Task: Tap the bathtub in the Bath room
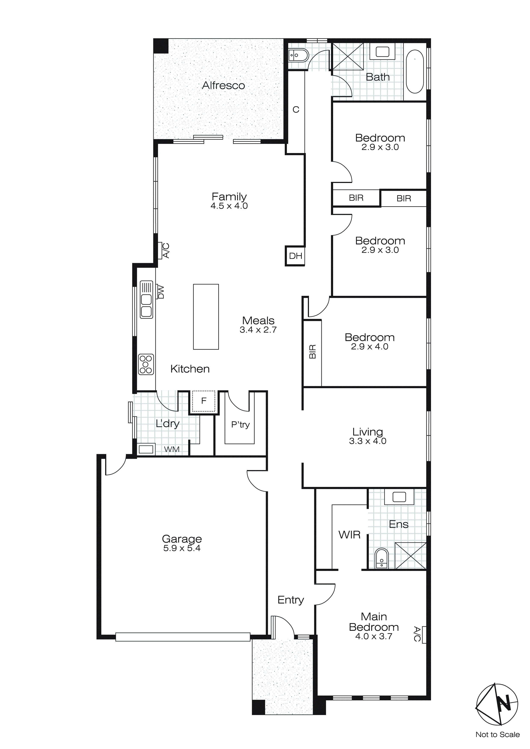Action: pyautogui.click(x=415, y=71)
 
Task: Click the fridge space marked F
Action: pyautogui.click(x=204, y=401)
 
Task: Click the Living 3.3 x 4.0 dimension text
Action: pyautogui.click(x=368, y=441)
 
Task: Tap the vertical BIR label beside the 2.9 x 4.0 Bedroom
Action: pyautogui.click(x=312, y=352)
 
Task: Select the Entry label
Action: pyautogui.click(x=291, y=600)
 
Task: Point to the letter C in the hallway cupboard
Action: pyautogui.click(x=296, y=110)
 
